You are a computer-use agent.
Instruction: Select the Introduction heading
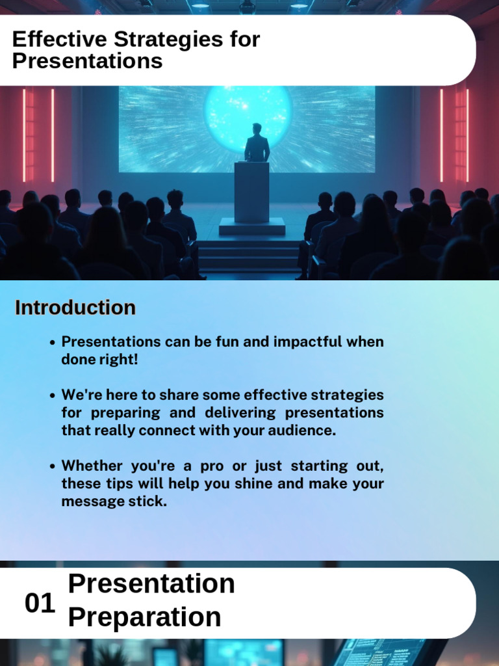pyautogui.click(x=75, y=308)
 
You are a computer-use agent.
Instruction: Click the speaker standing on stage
pyautogui.click(x=257, y=144)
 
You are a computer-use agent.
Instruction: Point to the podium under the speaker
pyautogui.click(x=252, y=192)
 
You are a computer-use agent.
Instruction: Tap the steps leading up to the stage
pyautogui.click(x=249, y=256)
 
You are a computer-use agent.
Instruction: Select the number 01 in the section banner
pyautogui.click(x=40, y=604)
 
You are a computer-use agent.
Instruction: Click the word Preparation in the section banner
pyautogui.click(x=144, y=617)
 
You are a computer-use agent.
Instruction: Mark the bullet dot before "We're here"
pyautogui.click(x=53, y=395)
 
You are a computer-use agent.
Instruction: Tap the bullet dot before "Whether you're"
pyautogui.click(x=53, y=466)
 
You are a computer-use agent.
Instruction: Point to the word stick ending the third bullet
pyautogui.click(x=148, y=501)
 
